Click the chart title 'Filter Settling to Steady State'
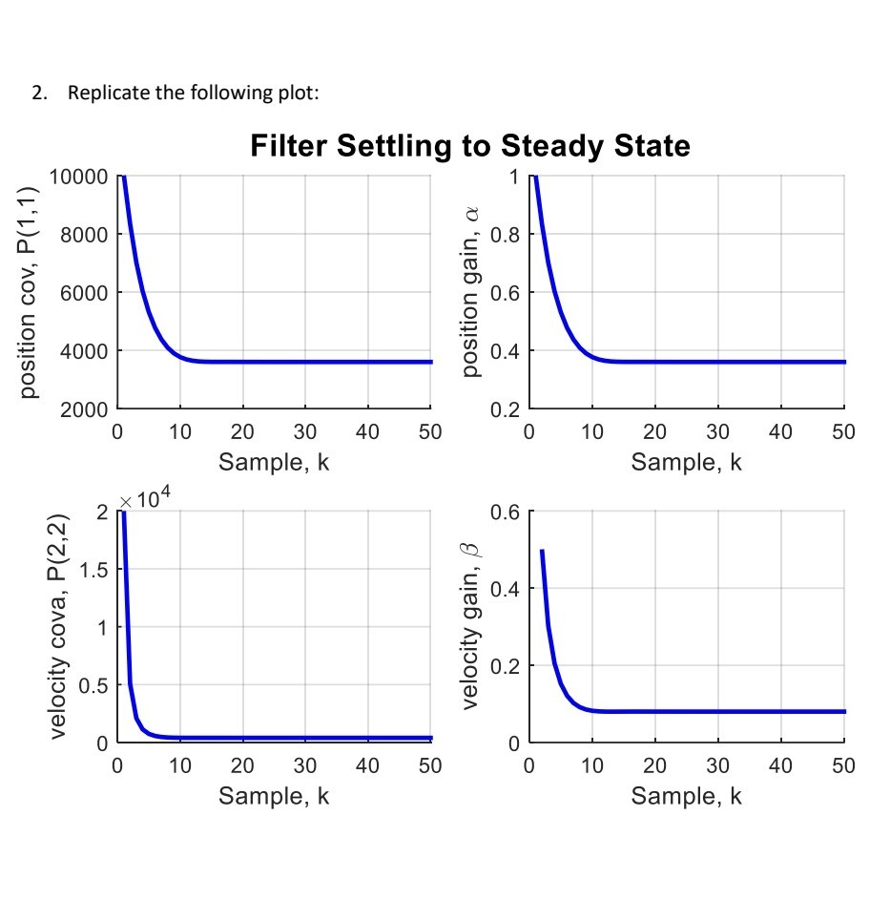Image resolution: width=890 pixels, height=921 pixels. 469,146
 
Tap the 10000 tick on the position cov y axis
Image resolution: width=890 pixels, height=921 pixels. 79,177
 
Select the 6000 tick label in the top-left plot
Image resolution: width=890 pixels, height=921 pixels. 85,292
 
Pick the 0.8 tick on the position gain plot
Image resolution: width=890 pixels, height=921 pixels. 507,235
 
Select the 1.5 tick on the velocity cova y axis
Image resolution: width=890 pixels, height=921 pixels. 93,570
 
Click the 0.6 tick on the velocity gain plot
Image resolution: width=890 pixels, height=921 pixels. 507,513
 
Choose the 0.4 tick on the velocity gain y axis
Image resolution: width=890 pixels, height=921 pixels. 507,589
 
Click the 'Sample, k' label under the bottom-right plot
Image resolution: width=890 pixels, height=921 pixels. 686,795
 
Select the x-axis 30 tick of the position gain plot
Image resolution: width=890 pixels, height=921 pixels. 717,432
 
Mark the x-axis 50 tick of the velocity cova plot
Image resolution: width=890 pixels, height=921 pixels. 430,765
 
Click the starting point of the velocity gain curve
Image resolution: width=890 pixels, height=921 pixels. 542,551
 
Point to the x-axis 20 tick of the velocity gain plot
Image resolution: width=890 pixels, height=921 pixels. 654,765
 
